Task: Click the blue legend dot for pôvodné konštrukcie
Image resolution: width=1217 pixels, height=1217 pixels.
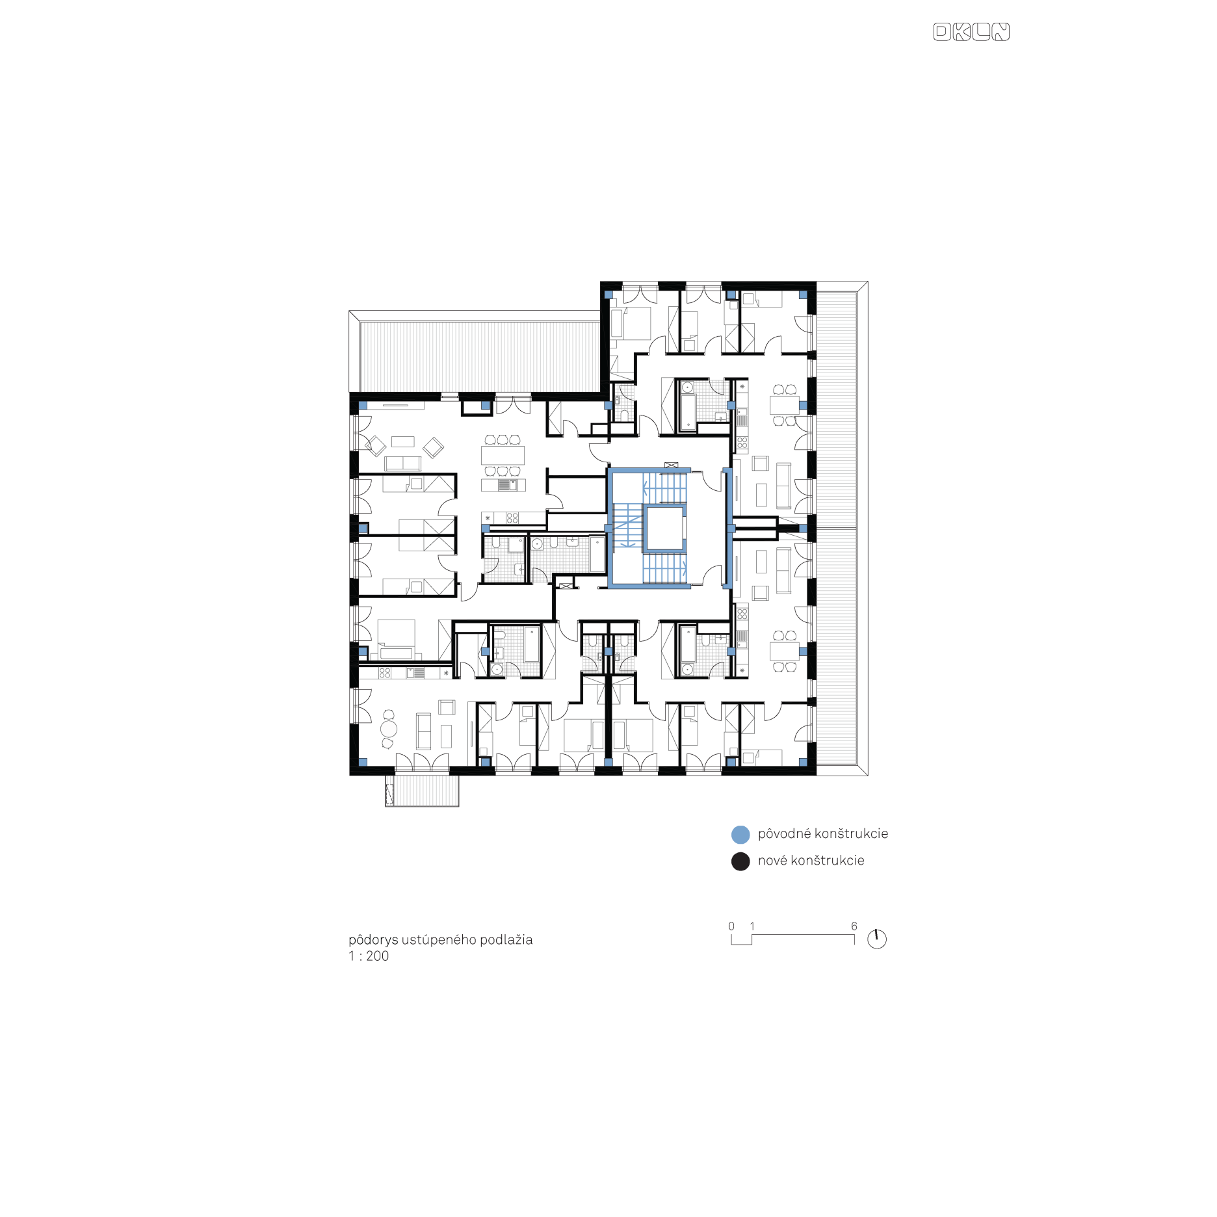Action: click(x=740, y=835)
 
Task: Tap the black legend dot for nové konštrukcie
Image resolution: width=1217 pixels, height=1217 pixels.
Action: click(x=740, y=861)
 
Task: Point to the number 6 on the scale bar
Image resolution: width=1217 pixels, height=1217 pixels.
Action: click(x=854, y=926)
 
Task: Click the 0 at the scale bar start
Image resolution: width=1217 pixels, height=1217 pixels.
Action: click(x=731, y=926)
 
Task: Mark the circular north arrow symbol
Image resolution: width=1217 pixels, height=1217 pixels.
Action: click(x=877, y=939)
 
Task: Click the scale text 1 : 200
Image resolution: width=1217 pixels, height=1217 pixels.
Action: click(x=369, y=956)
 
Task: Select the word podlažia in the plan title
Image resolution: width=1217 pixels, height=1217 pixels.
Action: click(x=506, y=939)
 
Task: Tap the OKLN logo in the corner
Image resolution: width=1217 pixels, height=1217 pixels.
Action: click(x=971, y=32)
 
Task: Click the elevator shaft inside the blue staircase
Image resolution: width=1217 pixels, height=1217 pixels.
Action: click(x=664, y=529)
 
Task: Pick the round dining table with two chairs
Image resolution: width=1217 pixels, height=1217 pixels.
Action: click(x=389, y=729)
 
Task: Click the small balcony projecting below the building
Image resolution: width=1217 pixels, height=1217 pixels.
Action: click(x=422, y=791)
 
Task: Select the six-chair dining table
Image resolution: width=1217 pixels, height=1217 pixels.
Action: click(x=503, y=455)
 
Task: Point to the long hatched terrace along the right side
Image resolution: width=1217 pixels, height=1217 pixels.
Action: click(x=837, y=528)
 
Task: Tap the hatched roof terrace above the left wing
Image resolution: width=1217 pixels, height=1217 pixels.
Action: click(x=480, y=356)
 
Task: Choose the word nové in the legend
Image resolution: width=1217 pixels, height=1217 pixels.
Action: click(x=772, y=861)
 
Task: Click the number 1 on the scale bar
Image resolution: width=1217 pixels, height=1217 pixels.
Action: click(x=752, y=926)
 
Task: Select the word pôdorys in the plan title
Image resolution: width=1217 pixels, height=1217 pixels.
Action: click(x=373, y=939)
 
